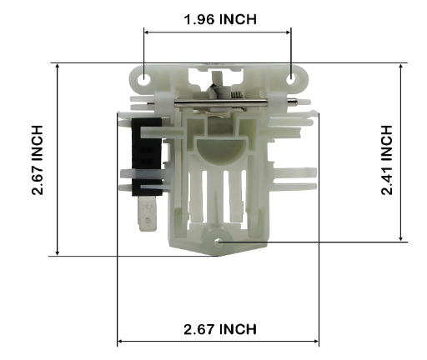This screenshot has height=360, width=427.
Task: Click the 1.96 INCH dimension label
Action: pyautogui.click(x=220, y=19)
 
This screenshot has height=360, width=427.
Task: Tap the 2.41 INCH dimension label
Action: pyautogui.click(x=387, y=160)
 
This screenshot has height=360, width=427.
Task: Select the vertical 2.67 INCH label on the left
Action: pyautogui.click(x=38, y=160)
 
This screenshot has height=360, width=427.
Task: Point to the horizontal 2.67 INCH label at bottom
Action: pyautogui.click(x=220, y=329)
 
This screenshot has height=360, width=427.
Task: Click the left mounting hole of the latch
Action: pyautogui.click(x=144, y=80)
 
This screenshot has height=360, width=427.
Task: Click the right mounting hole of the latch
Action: pyautogui.click(x=291, y=79)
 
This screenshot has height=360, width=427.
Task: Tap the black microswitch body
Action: pyautogui.click(x=147, y=156)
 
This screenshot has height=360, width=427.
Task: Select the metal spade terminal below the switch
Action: pyautogui.click(x=148, y=213)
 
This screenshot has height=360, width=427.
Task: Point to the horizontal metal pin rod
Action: pyautogui.click(x=221, y=103)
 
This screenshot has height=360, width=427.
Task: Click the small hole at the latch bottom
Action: pyautogui.click(x=219, y=242)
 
